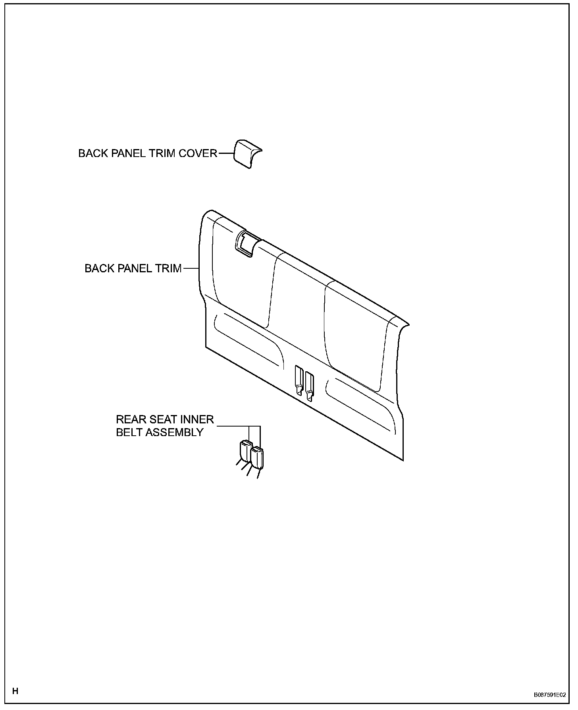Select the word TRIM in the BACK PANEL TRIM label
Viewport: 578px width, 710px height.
coord(166,268)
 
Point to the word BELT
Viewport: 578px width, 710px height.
coord(130,432)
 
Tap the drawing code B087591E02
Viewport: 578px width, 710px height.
coord(549,695)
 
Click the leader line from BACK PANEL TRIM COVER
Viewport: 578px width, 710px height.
coord(225,153)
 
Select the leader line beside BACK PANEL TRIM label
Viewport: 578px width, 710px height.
coord(190,268)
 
